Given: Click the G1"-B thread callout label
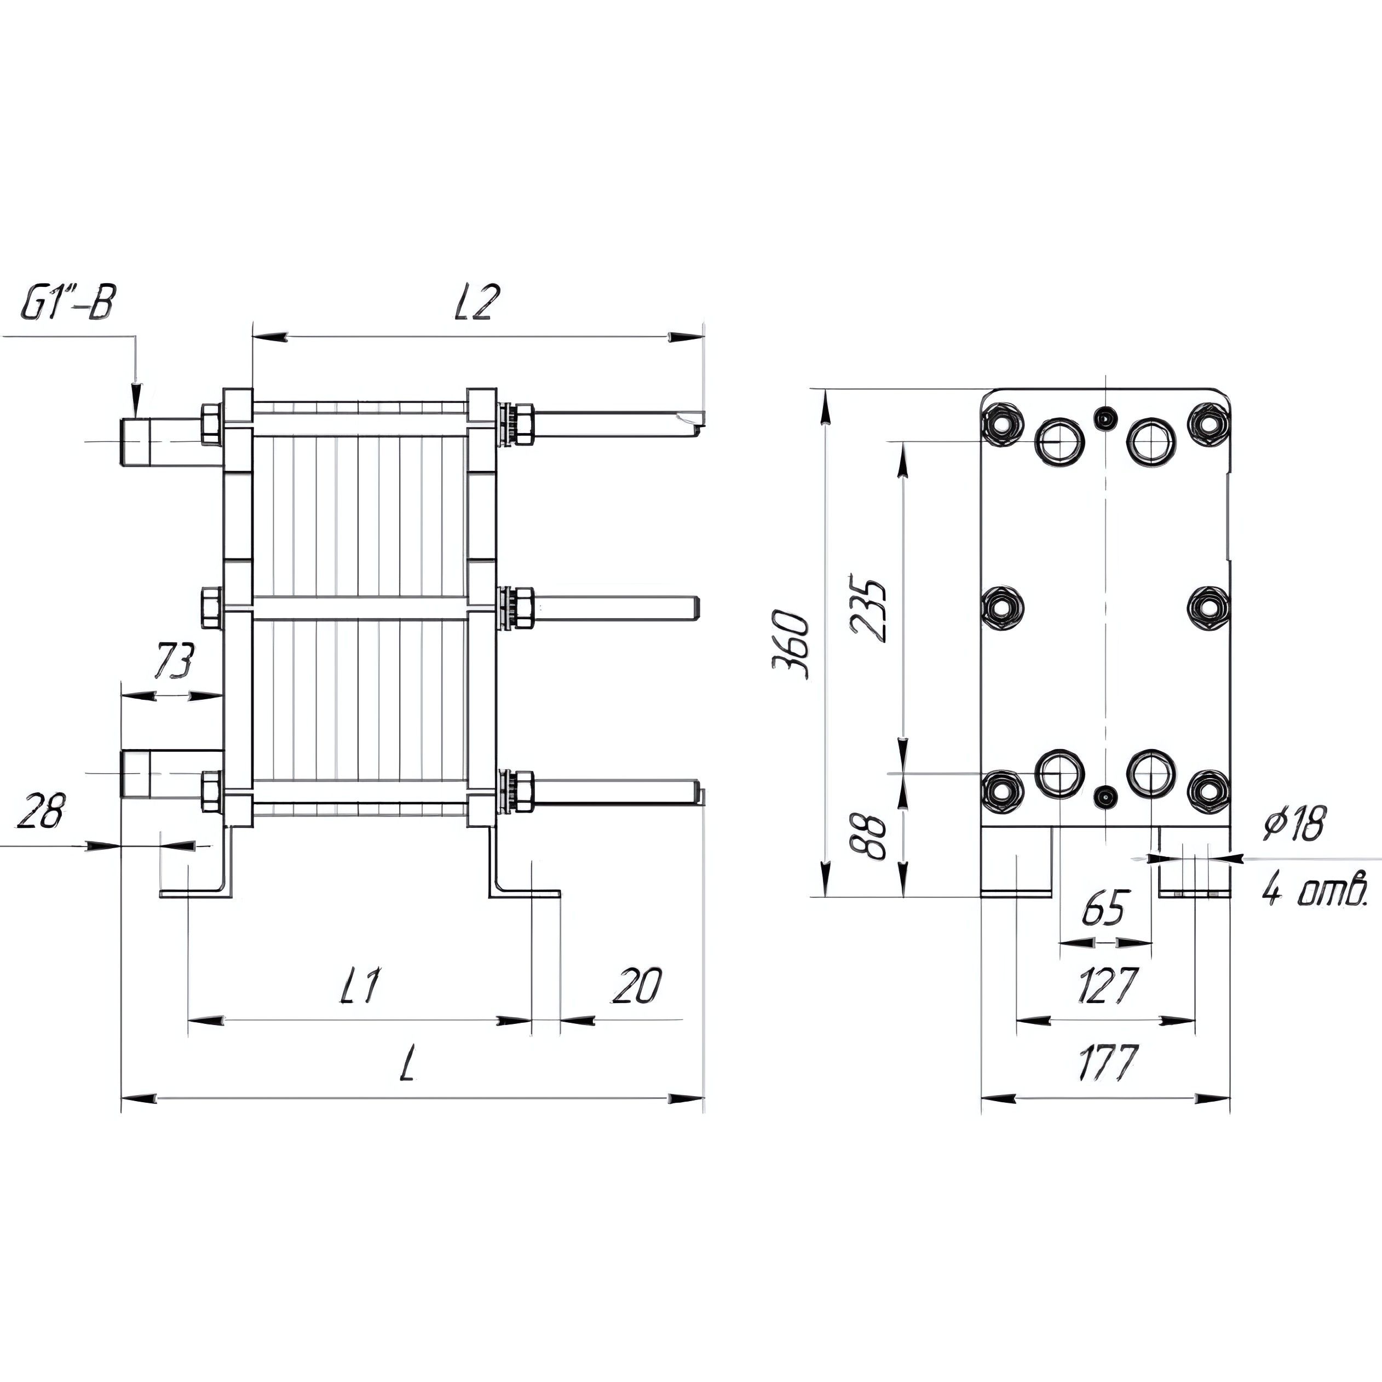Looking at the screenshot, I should (x=68, y=303).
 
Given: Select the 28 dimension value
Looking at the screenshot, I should (x=42, y=810).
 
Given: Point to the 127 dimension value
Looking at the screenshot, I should (x=1106, y=986).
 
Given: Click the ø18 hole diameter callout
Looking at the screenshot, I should (x=1293, y=824).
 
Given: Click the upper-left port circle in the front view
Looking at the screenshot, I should (x=1060, y=442).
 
